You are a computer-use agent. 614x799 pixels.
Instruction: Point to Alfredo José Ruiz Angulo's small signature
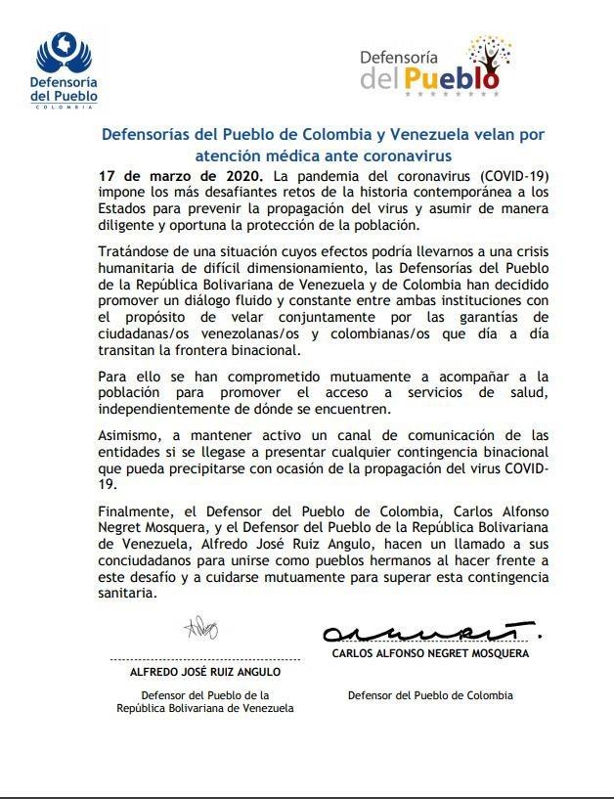pos(200,627)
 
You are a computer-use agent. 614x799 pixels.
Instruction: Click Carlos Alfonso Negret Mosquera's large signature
pos(431,632)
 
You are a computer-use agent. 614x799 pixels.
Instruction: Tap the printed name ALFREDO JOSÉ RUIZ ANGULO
pos(205,672)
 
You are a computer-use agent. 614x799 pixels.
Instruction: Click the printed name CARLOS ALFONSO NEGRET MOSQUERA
pos(430,652)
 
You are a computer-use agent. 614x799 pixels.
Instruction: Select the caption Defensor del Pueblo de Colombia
pos(430,695)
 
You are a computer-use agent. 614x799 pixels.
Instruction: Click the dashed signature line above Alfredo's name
pos(205,661)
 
